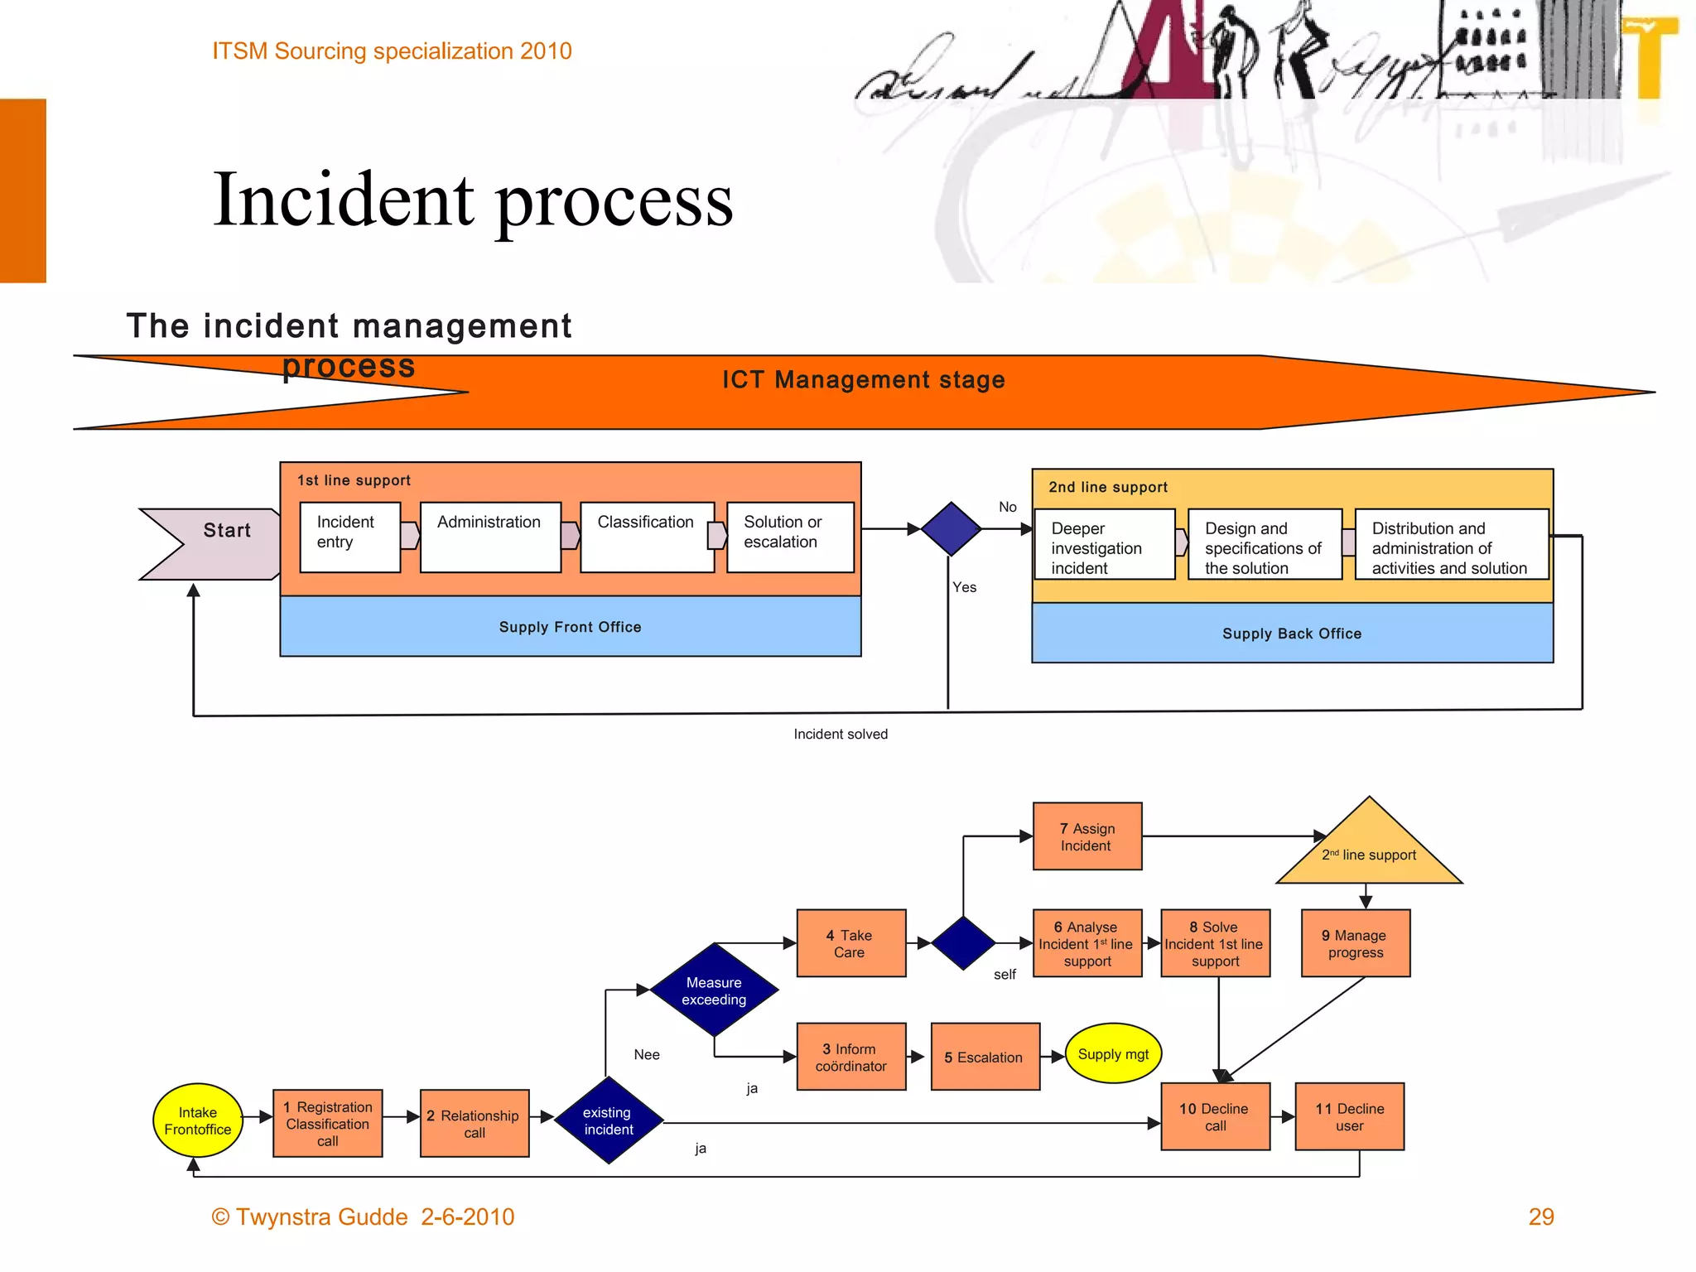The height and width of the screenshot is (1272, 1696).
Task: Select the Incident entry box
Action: click(349, 537)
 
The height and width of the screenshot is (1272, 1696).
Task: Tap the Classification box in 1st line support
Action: click(647, 537)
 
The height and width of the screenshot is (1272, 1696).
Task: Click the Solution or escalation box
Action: click(790, 537)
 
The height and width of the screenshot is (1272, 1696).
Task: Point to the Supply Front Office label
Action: click(570, 627)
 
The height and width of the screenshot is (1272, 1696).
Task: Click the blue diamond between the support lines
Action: click(951, 528)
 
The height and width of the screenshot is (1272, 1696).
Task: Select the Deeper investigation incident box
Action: click(1103, 545)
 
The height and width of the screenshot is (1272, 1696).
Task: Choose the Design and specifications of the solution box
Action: click(1264, 545)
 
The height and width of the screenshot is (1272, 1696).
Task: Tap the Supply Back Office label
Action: click(1291, 634)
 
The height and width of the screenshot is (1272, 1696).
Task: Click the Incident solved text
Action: click(840, 734)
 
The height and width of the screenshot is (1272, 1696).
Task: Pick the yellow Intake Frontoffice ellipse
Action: click(198, 1120)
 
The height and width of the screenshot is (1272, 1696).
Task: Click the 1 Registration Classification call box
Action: click(328, 1123)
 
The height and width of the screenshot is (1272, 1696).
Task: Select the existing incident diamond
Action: click(609, 1120)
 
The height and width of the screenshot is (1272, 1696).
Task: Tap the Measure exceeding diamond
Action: click(714, 990)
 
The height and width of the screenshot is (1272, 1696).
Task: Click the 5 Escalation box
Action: click(985, 1057)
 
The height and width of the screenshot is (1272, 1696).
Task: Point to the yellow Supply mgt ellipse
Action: click(1113, 1053)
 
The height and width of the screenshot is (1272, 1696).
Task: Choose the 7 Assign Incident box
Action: click(1087, 836)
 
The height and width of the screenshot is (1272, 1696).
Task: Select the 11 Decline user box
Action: click(1349, 1116)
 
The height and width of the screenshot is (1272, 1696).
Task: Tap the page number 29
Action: click(1540, 1216)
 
